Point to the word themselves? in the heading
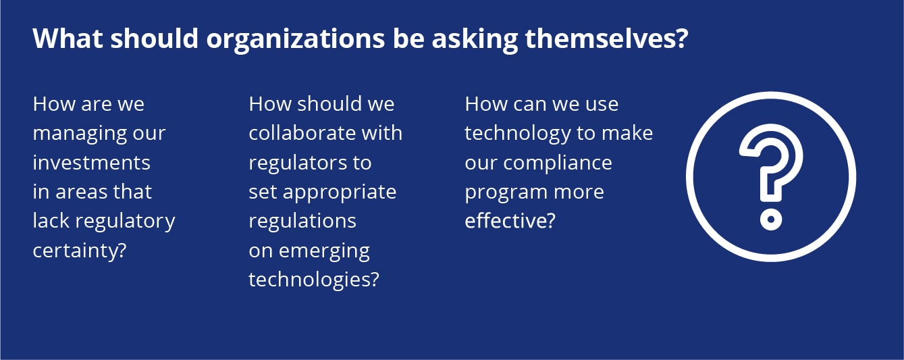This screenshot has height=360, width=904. pyautogui.click(x=606, y=38)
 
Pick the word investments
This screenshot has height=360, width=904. pyautogui.click(x=91, y=163)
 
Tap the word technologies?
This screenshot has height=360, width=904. pyautogui.click(x=314, y=280)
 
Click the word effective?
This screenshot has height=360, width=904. pyautogui.click(x=510, y=221)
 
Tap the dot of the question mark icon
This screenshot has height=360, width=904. pyautogui.click(x=771, y=220)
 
